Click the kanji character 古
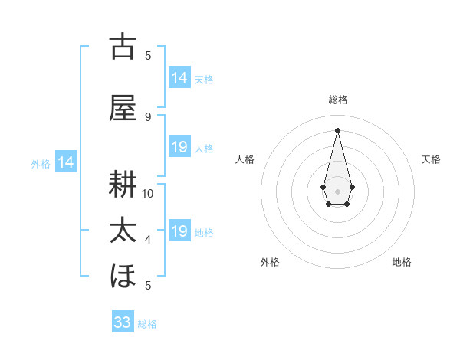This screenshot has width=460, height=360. [123, 47]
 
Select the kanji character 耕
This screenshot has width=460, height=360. [123, 185]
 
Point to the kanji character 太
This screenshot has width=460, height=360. [123, 231]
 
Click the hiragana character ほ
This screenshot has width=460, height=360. [123, 276]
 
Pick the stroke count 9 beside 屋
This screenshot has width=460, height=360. [148, 117]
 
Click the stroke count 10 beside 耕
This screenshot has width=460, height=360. [148, 194]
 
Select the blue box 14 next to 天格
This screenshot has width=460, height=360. [179, 77]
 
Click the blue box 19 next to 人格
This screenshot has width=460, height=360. [179, 147]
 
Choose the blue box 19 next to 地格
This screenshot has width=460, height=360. [179, 231]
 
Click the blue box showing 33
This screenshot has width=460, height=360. [123, 322]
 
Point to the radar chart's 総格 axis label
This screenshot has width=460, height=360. [338, 100]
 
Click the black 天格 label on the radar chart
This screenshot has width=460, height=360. [432, 159]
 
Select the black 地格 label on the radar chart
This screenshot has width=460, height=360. [402, 263]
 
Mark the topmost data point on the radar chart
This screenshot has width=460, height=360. [337, 129]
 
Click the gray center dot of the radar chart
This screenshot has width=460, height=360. [337, 190]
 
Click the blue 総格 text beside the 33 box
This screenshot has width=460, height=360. [148, 324]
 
